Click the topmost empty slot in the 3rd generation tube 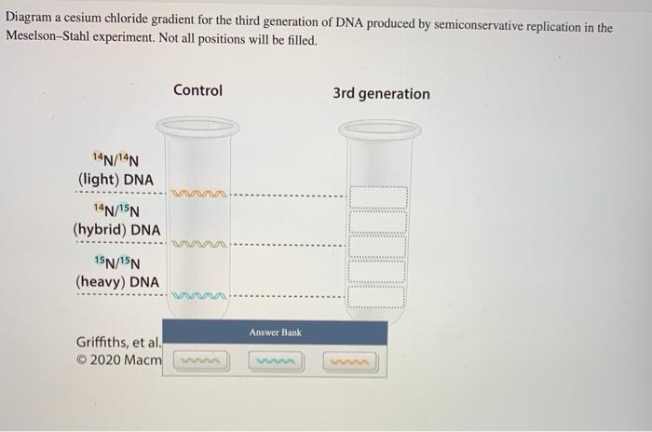(x=377, y=197)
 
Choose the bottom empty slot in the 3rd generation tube (x=377, y=296)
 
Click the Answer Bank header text (x=275, y=332)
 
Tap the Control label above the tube (x=197, y=90)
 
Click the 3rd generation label (x=381, y=94)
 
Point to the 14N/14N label (x=115, y=158)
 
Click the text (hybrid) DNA (x=116, y=229)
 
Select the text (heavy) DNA (x=116, y=281)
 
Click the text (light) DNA (x=116, y=179)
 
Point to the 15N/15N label (x=116, y=262)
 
